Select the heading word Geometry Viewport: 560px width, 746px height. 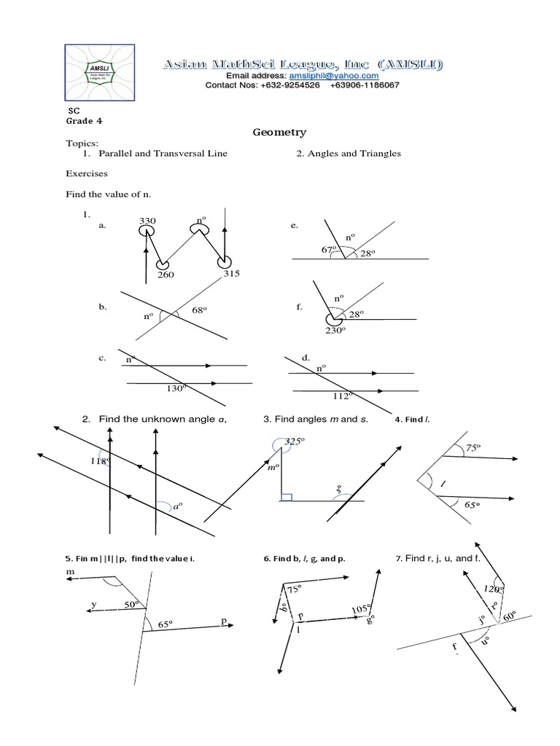click(x=279, y=133)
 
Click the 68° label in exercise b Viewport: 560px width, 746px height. click(x=200, y=310)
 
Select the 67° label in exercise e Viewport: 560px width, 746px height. click(x=329, y=250)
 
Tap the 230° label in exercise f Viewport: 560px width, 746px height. click(x=334, y=330)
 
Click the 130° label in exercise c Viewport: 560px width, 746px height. click(x=177, y=389)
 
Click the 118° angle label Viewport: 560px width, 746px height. click(x=100, y=461)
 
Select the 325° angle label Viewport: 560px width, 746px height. click(x=293, y=441)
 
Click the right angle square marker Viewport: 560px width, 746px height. click(x=286, y=498)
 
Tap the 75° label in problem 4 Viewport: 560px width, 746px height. click(x=475, y=449)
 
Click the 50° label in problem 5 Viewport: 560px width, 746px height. click(x=131, y=605)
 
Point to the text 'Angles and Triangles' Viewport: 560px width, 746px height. click(x=348, y=154)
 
